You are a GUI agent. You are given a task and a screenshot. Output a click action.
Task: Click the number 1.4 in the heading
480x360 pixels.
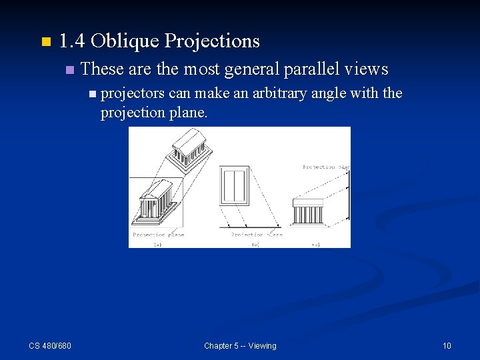coord(72,41)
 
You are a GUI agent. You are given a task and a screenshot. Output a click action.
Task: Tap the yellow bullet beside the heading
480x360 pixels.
coord(45,43)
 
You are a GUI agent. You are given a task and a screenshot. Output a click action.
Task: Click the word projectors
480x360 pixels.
coord(132,93)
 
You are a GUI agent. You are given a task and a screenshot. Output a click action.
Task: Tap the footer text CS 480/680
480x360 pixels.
coord(50,345)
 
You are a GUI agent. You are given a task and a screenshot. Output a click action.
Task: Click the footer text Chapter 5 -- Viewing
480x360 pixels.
coord(240,345)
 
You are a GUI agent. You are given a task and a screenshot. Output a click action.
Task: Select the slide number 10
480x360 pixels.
coord(447,345)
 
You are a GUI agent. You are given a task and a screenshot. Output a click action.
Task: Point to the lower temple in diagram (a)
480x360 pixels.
coord(157,200)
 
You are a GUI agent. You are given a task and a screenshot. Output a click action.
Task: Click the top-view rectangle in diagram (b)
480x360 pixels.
coord(235,186)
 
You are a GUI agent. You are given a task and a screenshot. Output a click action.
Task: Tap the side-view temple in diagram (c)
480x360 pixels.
coord(309,211)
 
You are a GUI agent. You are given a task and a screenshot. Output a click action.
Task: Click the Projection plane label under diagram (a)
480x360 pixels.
coord(158,235)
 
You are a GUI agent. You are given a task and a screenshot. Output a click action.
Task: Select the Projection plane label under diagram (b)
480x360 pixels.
coord(257,235)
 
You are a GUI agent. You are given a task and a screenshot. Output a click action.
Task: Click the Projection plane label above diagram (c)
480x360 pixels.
coord(327,167)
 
